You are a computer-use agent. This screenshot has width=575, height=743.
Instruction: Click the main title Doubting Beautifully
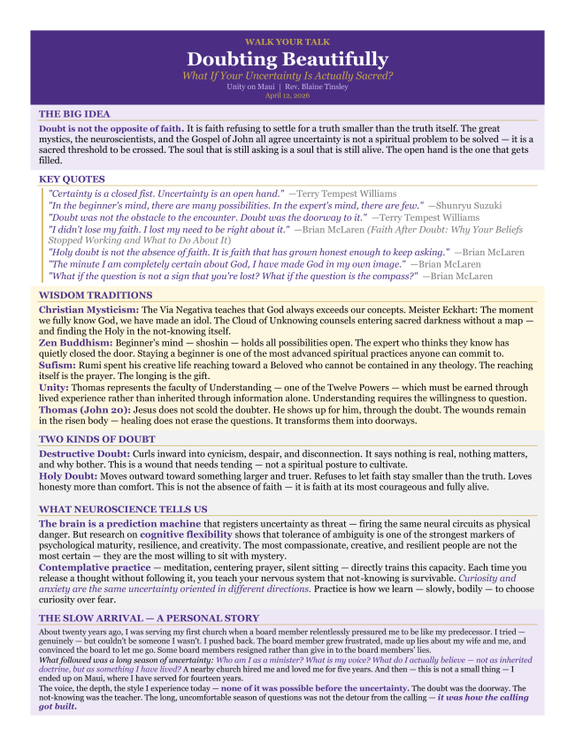click(287, 59)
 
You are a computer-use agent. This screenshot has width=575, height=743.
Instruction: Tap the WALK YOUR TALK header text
click(287, 42)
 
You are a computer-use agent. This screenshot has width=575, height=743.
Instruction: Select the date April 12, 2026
click(287, 95)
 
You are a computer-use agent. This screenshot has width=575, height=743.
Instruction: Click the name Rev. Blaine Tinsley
click(316, 87)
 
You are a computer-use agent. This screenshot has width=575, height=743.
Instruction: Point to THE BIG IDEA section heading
click(74, 114)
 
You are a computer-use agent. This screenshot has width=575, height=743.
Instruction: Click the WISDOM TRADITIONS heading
click(96, 295)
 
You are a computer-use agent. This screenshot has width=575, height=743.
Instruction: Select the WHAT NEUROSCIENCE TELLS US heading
click(123, 509)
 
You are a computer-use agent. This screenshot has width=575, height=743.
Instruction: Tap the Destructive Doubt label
click(87, 452)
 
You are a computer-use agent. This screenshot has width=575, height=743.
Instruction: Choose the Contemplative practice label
click(94, 567)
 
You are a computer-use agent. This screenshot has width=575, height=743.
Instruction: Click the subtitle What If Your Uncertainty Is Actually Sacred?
click(287, 75)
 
